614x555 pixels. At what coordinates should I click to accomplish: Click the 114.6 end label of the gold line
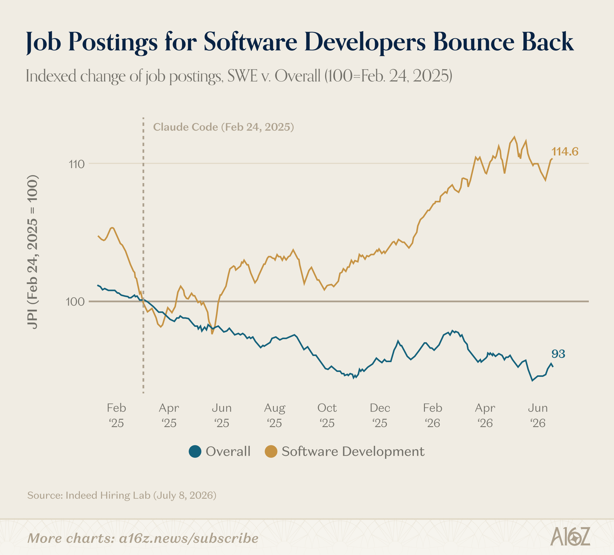pos(565,151)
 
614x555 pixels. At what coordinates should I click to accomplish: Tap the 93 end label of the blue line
pos(558,354)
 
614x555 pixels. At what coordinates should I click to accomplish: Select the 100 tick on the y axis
pos(75,302)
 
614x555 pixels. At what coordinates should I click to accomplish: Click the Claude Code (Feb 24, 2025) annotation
pos(223,127)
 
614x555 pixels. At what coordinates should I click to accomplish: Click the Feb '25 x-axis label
pos(116,415)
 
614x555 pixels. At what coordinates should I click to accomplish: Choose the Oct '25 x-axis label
pos(327,415)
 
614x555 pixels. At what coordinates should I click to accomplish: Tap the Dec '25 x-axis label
pos(380,415)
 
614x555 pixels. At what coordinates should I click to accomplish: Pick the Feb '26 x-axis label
pos(433,415)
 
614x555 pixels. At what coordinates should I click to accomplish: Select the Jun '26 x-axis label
pos(538,415)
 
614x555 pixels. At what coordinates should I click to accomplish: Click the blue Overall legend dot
pos(195,451)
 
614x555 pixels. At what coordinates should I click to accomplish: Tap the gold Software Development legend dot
pos(271,451)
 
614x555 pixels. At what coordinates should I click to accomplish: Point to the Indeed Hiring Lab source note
pos(122,495)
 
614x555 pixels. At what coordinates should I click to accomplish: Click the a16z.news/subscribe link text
pos(189,538)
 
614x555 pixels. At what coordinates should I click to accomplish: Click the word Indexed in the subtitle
pos(51,76)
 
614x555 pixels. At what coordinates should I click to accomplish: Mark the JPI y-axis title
pos(33,252)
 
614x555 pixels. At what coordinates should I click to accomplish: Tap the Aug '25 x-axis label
pos(275,415)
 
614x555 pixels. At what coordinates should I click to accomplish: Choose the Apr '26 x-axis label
pos(485,415)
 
